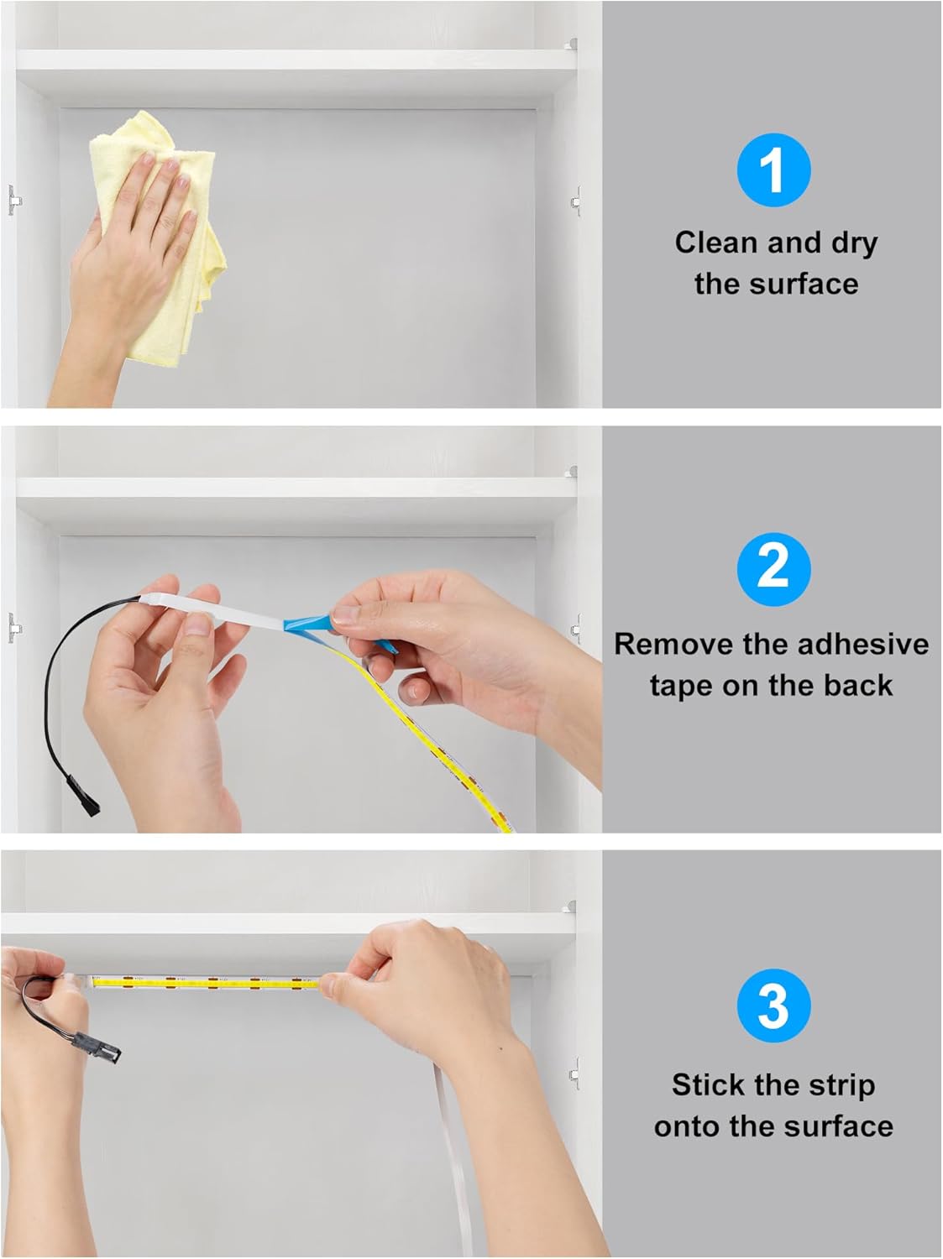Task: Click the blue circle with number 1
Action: (773, 171)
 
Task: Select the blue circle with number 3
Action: (773, 1005)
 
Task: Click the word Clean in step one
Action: (715, 243)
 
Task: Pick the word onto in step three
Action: (690, 1126)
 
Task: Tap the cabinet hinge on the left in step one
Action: (13, 201)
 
